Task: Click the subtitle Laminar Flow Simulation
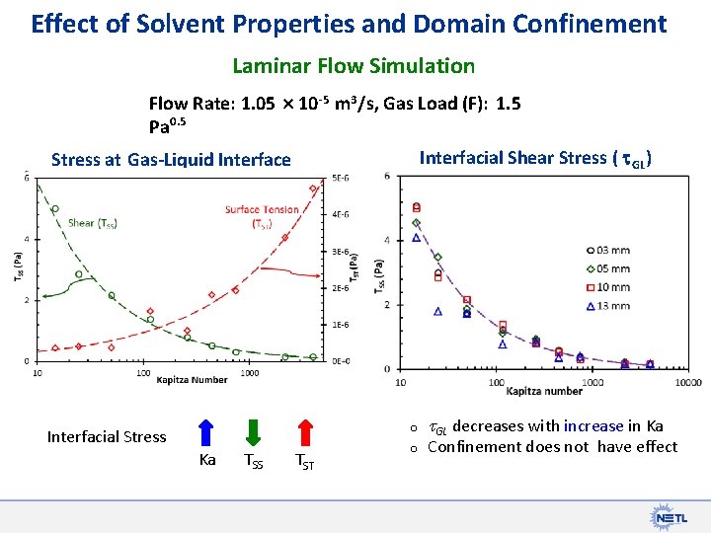(354, 66)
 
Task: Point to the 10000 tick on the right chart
(688, 382)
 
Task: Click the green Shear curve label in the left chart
(93, 223)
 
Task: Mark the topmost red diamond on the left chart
(313, 189)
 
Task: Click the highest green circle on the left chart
(54, 208)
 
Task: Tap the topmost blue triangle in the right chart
(416, 238)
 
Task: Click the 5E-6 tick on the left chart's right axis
(340, 179)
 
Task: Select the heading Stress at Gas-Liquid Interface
(171, 160)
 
